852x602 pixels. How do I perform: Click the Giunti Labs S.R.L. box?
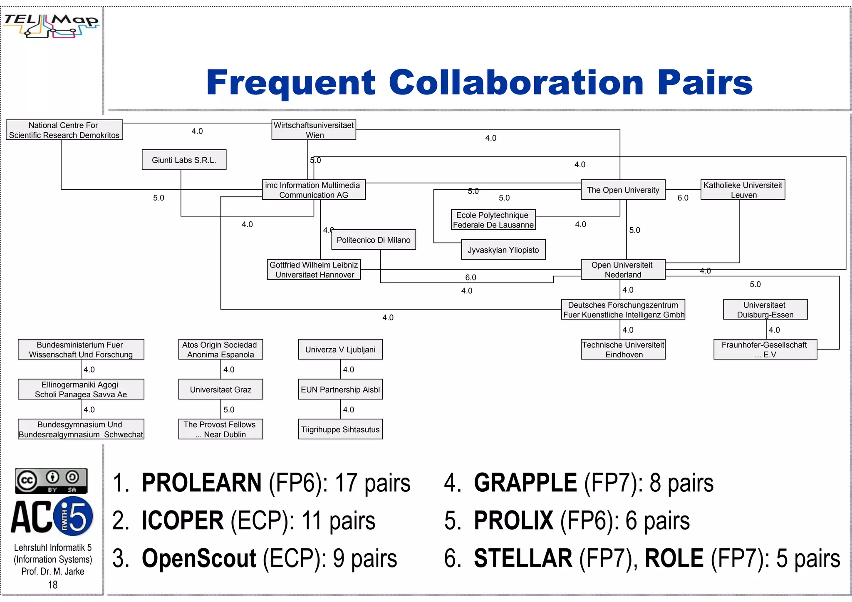tap(184, 160)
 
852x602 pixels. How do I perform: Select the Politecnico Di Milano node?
tap(373, 240)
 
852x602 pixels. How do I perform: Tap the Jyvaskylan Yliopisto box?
tap(503, 250)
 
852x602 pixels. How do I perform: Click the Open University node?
tap(623, 190)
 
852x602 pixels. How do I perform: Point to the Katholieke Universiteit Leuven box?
tap(743, 190)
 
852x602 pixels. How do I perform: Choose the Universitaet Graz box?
tap(220, 389)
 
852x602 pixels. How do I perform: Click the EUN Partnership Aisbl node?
tap(340, 389)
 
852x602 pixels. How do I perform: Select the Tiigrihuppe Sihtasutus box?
tap(340, 429)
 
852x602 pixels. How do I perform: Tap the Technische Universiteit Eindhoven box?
tap(623, 349)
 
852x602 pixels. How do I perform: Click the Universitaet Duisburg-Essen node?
tap(765, 310)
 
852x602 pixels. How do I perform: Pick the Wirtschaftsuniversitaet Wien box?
tap(314, 130)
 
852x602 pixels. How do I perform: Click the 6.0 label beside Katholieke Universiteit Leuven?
tap(683, 198)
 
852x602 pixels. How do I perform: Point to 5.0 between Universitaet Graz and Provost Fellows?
tap(229, 410)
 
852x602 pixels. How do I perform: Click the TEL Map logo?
tap(52, 25)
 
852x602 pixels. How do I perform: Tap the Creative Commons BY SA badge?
tap(51, 481)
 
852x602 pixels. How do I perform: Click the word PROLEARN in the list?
tap(201, 483)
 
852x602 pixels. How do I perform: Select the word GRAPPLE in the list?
tap(525, 483)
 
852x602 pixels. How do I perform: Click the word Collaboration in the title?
tap(516, 82)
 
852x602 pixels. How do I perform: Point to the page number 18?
tap(53, 585)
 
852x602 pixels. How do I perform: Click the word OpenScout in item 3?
tap(199, 558)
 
